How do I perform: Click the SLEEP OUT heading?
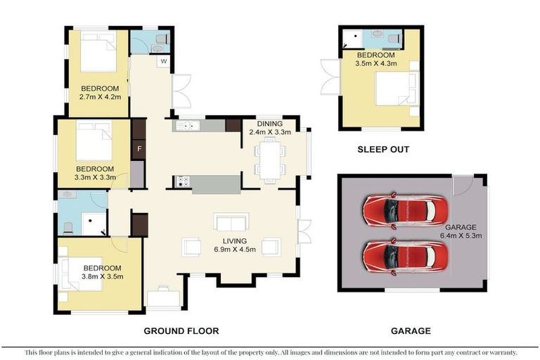[382, 149]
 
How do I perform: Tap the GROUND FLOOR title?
[181, 330]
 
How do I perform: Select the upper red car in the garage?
[399, 210]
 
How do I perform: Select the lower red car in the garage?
[399, 256]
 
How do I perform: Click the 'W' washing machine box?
[163, 61]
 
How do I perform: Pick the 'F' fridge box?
[139, 149]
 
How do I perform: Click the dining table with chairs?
[271, 159]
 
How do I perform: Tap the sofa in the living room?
[231, 224]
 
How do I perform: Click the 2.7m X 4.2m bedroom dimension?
[99, 97]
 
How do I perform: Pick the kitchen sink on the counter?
[188, 126]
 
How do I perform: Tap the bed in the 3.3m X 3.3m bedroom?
[92, 142]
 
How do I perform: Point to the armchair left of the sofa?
[191, 247]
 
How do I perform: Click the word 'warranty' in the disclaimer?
[501, 352]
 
